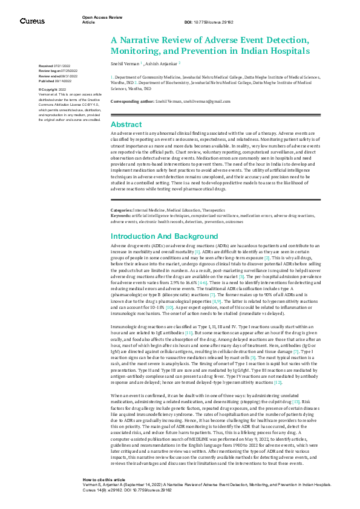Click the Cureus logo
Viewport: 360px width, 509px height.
point(32,21)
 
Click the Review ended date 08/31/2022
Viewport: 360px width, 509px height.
point(71,75)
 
